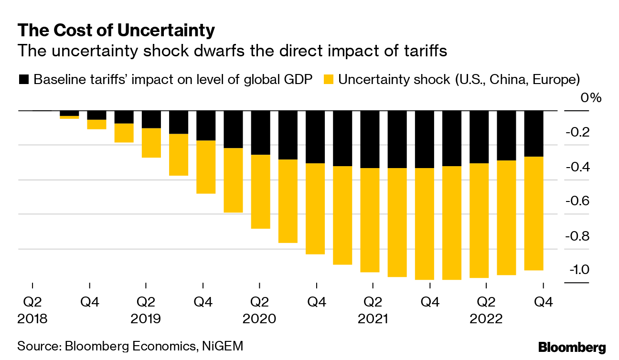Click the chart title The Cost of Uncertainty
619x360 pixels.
[116, 31]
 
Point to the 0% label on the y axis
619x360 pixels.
[590, 98]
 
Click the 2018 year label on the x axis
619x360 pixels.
[32, 318]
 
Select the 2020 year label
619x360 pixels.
[259, 318]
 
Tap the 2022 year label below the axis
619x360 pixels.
[486, 318]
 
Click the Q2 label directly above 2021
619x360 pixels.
[373, 302]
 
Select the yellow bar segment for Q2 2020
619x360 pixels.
[260, 191]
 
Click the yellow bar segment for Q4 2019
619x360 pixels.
[206, 167]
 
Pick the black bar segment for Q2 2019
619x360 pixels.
[151, 119]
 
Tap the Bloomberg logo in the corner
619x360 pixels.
[572, 347]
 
